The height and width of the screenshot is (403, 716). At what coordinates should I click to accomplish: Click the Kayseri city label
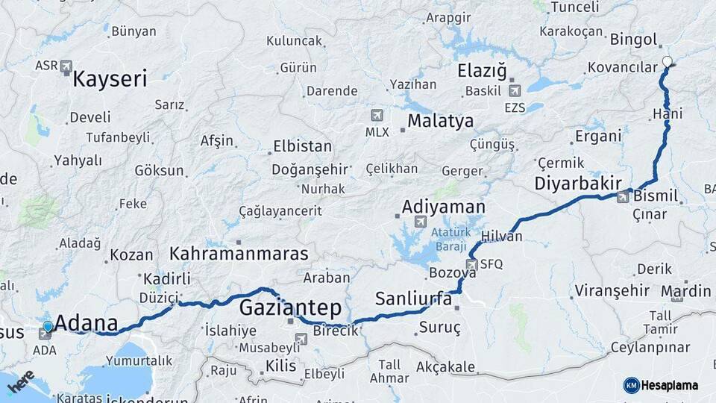[110, 79]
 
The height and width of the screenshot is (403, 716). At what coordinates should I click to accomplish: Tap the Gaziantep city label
[290, 307]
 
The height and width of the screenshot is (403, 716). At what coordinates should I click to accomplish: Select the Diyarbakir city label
[578, 184]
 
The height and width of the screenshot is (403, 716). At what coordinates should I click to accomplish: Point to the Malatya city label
[441, 121]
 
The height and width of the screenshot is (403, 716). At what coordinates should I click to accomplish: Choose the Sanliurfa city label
[413, 299]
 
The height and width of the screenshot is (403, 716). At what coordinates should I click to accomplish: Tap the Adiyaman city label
[443, 207]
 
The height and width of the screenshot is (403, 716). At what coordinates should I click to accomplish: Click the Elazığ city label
[482, 72]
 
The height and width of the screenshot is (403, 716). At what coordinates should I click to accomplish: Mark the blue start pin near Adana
[48, 327]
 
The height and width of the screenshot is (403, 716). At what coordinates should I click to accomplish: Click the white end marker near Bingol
[667, 62]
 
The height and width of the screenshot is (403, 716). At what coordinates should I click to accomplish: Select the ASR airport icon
[66, 66]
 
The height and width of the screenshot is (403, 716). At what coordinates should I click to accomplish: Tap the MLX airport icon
[377, 115]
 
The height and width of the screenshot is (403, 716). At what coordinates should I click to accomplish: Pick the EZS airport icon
[514, 91]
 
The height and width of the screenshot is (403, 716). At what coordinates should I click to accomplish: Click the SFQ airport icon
[471, 264]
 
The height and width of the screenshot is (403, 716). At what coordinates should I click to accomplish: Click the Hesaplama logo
[661, 385]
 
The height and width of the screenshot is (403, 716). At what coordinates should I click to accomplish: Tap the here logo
[20, 381]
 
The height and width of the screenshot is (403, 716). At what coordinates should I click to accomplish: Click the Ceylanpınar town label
[650, 347]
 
